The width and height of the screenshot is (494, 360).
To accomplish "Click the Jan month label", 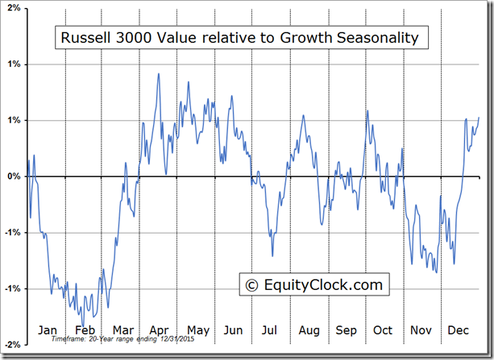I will coord(48,330).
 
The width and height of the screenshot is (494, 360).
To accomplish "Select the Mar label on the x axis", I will coord(122,330).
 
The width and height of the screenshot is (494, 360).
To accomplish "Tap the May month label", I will coord(197,330).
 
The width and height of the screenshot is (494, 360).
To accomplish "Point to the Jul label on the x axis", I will coord(270,330).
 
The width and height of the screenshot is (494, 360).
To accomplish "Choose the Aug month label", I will coord(309,330).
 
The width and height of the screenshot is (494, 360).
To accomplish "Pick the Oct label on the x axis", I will coord(383,330).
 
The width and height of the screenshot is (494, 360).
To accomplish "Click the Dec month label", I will coord(458,330).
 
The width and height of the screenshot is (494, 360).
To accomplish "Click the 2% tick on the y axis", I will coord(13,7).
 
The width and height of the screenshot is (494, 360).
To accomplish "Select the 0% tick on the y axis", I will coord(13,176).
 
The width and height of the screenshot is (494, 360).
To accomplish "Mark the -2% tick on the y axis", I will coord(11,345).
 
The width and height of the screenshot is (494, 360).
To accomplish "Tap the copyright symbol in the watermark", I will coord(251,285).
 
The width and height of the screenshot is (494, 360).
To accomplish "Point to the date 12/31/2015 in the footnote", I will coord(177,340).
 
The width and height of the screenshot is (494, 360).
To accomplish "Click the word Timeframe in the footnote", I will coord(66,340).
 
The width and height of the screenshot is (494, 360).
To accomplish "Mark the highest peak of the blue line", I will coord(158,73).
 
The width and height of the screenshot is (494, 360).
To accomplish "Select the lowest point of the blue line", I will coord(83,316).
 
